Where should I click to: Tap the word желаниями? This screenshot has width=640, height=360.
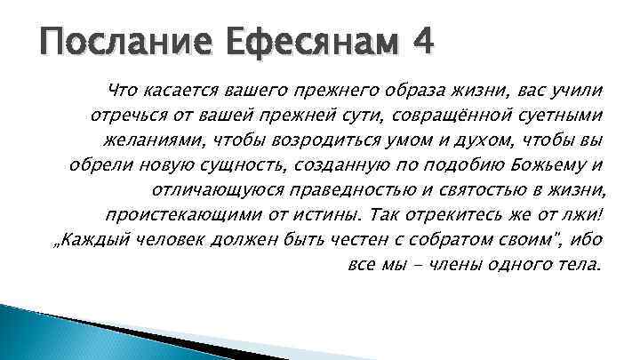pyautogui.click(x=148, y=140)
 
